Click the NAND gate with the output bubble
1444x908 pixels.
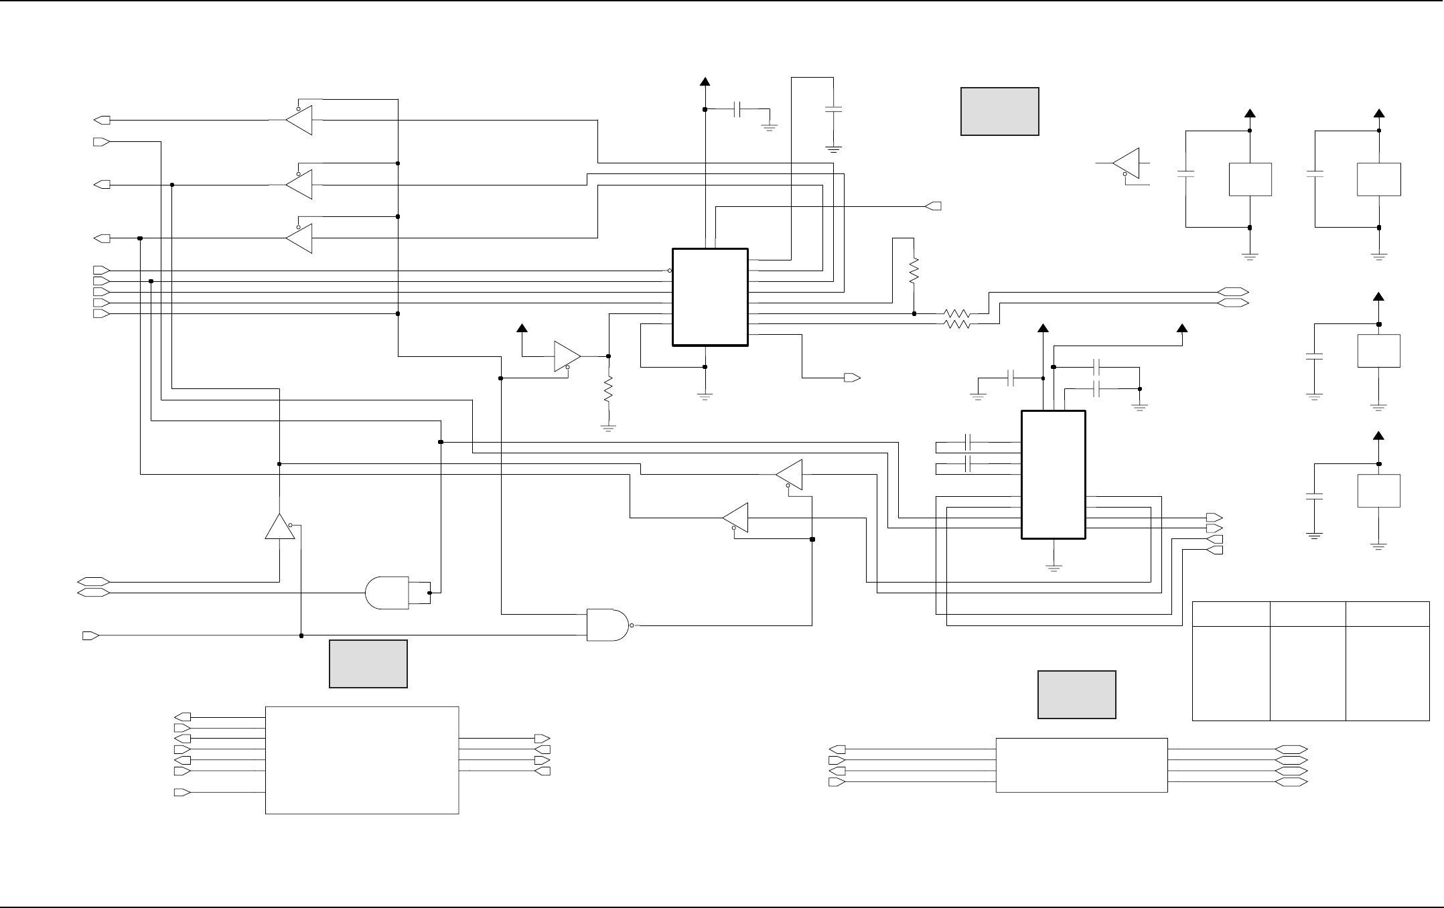608,625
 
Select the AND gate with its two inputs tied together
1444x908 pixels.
387,593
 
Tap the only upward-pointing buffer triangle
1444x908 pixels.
279,527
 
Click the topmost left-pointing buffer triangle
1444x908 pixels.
299,121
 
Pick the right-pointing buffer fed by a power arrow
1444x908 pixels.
567,356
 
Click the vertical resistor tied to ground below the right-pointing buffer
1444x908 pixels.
608,390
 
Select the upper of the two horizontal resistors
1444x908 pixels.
956,313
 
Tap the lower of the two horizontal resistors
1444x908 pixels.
956,324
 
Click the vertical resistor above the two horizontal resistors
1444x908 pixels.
914,271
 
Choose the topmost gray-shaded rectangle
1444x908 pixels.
999,111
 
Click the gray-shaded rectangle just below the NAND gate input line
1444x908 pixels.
368,664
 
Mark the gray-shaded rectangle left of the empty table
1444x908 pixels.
1076,694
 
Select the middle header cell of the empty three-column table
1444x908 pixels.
1307,614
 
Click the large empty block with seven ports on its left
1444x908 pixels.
362,760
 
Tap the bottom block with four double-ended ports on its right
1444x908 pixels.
1081,765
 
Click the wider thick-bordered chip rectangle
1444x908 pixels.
710,297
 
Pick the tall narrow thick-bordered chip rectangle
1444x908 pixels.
1053,475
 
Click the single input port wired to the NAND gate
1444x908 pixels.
90,635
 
